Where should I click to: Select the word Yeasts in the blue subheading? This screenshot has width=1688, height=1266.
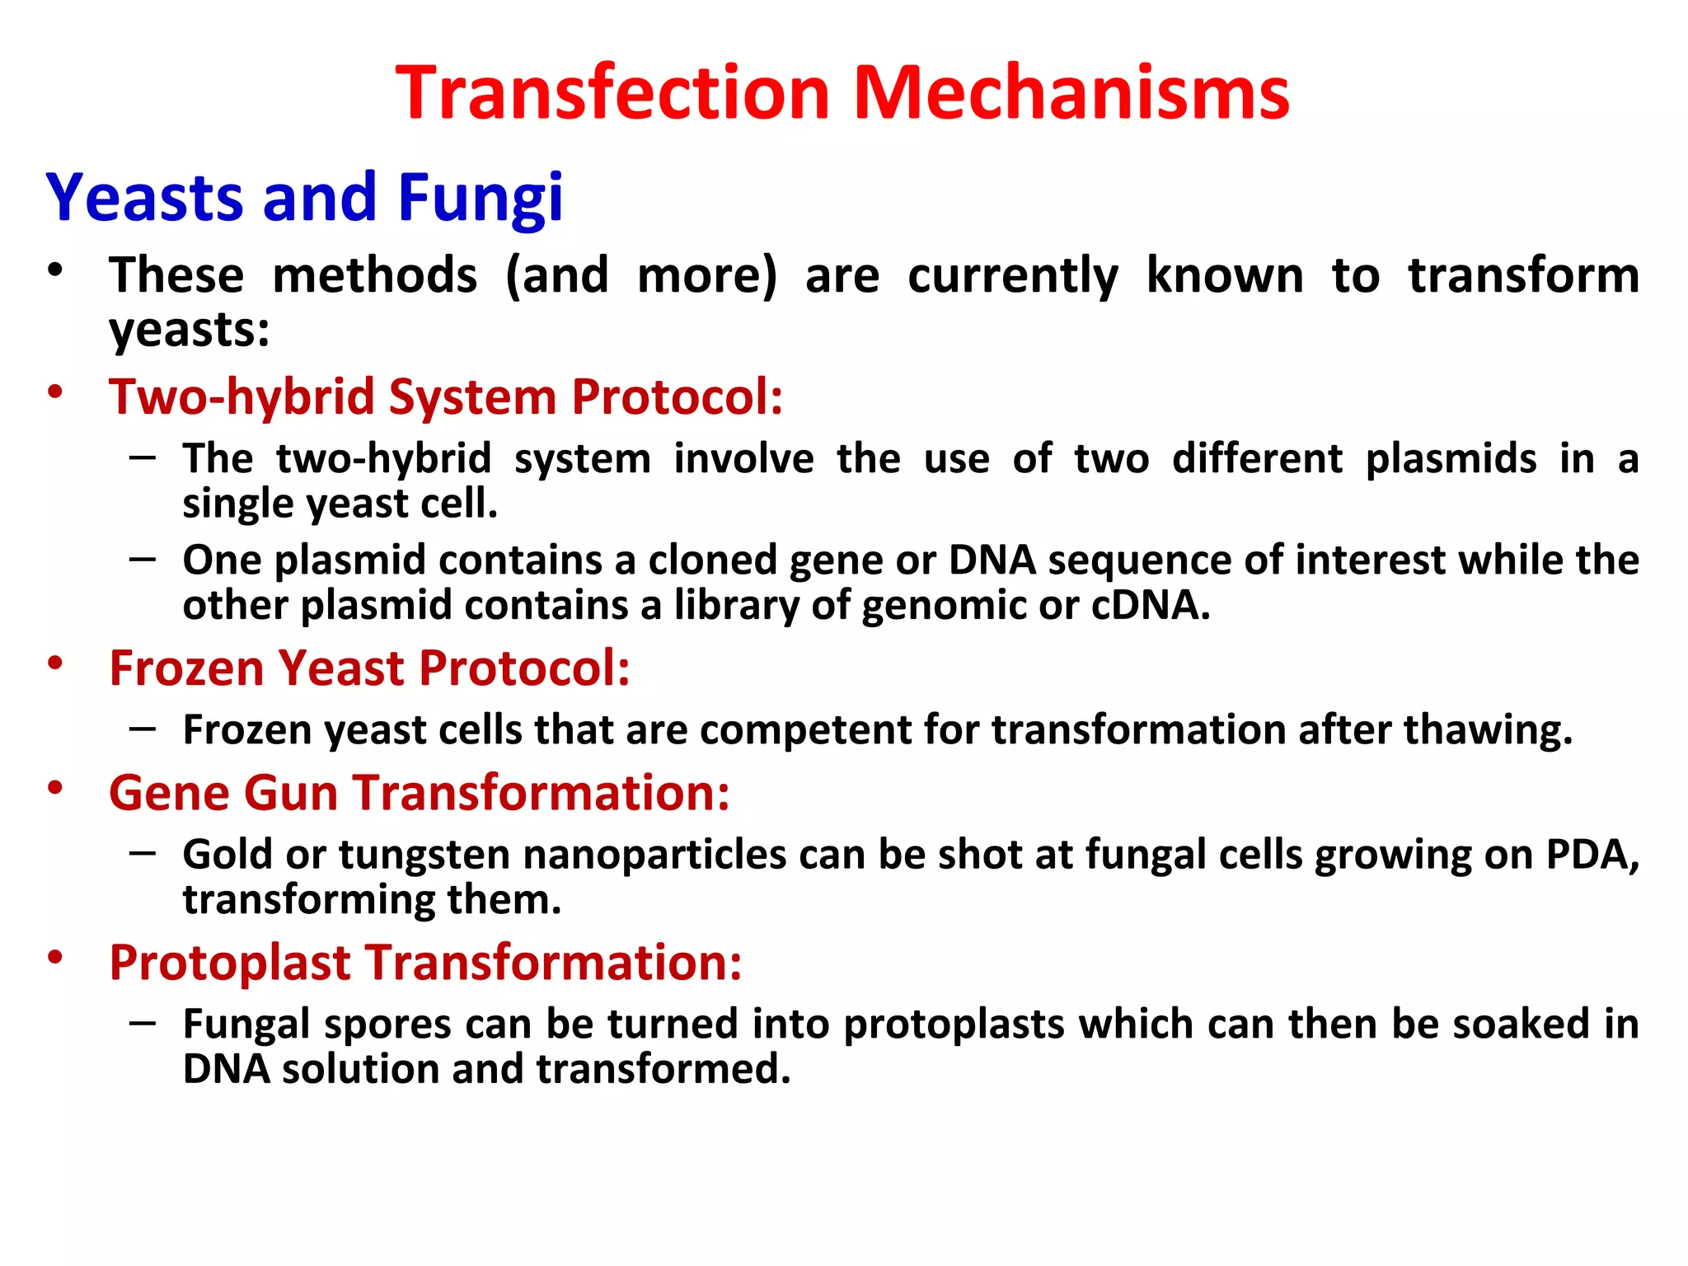(x=144, y=199)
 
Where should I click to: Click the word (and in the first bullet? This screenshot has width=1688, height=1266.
(x=556, y=276)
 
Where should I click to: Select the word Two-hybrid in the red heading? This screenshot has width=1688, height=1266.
(x=241, y=397)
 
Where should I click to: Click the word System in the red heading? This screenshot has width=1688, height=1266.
(x=472, y=397)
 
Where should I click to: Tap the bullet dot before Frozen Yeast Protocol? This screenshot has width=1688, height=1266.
(x=55, y=663)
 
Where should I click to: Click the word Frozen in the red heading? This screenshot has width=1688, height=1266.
(x=186, y=668)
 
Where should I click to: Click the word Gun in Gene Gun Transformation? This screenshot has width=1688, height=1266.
(x=290, y=793)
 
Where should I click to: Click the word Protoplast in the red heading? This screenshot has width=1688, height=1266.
(x=230, y=963)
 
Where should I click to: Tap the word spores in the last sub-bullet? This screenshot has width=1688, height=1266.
(x=387, y=1025)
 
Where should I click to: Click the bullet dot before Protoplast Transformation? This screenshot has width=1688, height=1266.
(x=55, y=957)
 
